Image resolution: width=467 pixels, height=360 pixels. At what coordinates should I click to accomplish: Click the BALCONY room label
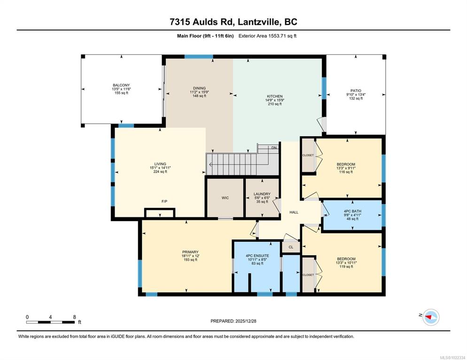point(121,85)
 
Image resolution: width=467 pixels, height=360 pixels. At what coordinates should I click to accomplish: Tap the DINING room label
point(199,88)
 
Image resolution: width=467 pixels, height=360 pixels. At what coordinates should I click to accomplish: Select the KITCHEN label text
point(274,96)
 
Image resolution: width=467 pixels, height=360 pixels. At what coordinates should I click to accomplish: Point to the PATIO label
point(356,91)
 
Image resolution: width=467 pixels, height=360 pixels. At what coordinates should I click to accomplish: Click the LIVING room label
point(160,164)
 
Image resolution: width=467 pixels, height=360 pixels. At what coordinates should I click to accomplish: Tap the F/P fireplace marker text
point(164,201)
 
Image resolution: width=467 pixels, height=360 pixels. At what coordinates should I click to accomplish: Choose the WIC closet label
point(225,198)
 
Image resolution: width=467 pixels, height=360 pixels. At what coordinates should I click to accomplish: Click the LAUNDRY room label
point(262,194)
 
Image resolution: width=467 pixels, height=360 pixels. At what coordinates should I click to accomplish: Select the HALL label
point(294,213)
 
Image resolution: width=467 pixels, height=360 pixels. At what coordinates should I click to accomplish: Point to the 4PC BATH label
point(352,211)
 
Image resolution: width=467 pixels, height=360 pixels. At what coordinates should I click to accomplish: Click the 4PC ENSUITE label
point(257,256)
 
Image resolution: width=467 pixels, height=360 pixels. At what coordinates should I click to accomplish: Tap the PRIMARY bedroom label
point(190,252)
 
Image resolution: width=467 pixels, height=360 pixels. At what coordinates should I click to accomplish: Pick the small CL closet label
point(291,247)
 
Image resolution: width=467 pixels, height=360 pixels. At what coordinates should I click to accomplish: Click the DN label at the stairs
point(274,148)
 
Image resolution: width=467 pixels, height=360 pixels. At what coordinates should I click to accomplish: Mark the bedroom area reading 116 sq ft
point(346,172)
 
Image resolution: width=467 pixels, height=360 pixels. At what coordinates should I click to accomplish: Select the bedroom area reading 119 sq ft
point(346,267)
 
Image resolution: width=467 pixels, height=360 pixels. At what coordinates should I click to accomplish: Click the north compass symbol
point(431,317)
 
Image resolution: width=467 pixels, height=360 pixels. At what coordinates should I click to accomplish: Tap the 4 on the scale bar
point(50,317)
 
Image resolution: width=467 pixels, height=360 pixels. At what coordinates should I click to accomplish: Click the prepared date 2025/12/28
point(246,321)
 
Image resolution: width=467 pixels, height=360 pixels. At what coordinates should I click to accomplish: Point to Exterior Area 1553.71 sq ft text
point(267,36)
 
